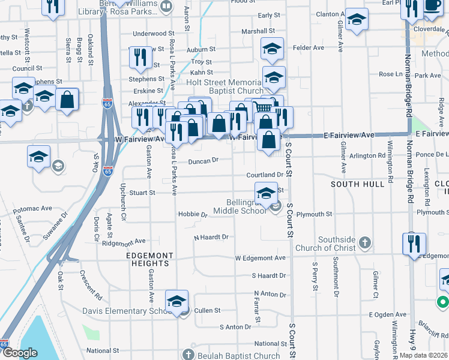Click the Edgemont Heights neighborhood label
pos(149,259)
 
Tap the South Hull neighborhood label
pos(358,184)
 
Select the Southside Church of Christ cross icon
pos(364,243)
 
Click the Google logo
pos(20,353)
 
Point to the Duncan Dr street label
pos(202,160)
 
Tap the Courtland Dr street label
pos(264,175)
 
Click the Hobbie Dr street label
pos(193,214)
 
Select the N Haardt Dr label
pos(211,237)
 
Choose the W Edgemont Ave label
pos(260,257)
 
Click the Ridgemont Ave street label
pos(124,241)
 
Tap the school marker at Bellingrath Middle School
pos(266,193)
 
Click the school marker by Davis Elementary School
pos(177,300)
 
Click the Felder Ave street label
pos(308,47)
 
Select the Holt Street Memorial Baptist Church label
pos(224,86)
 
